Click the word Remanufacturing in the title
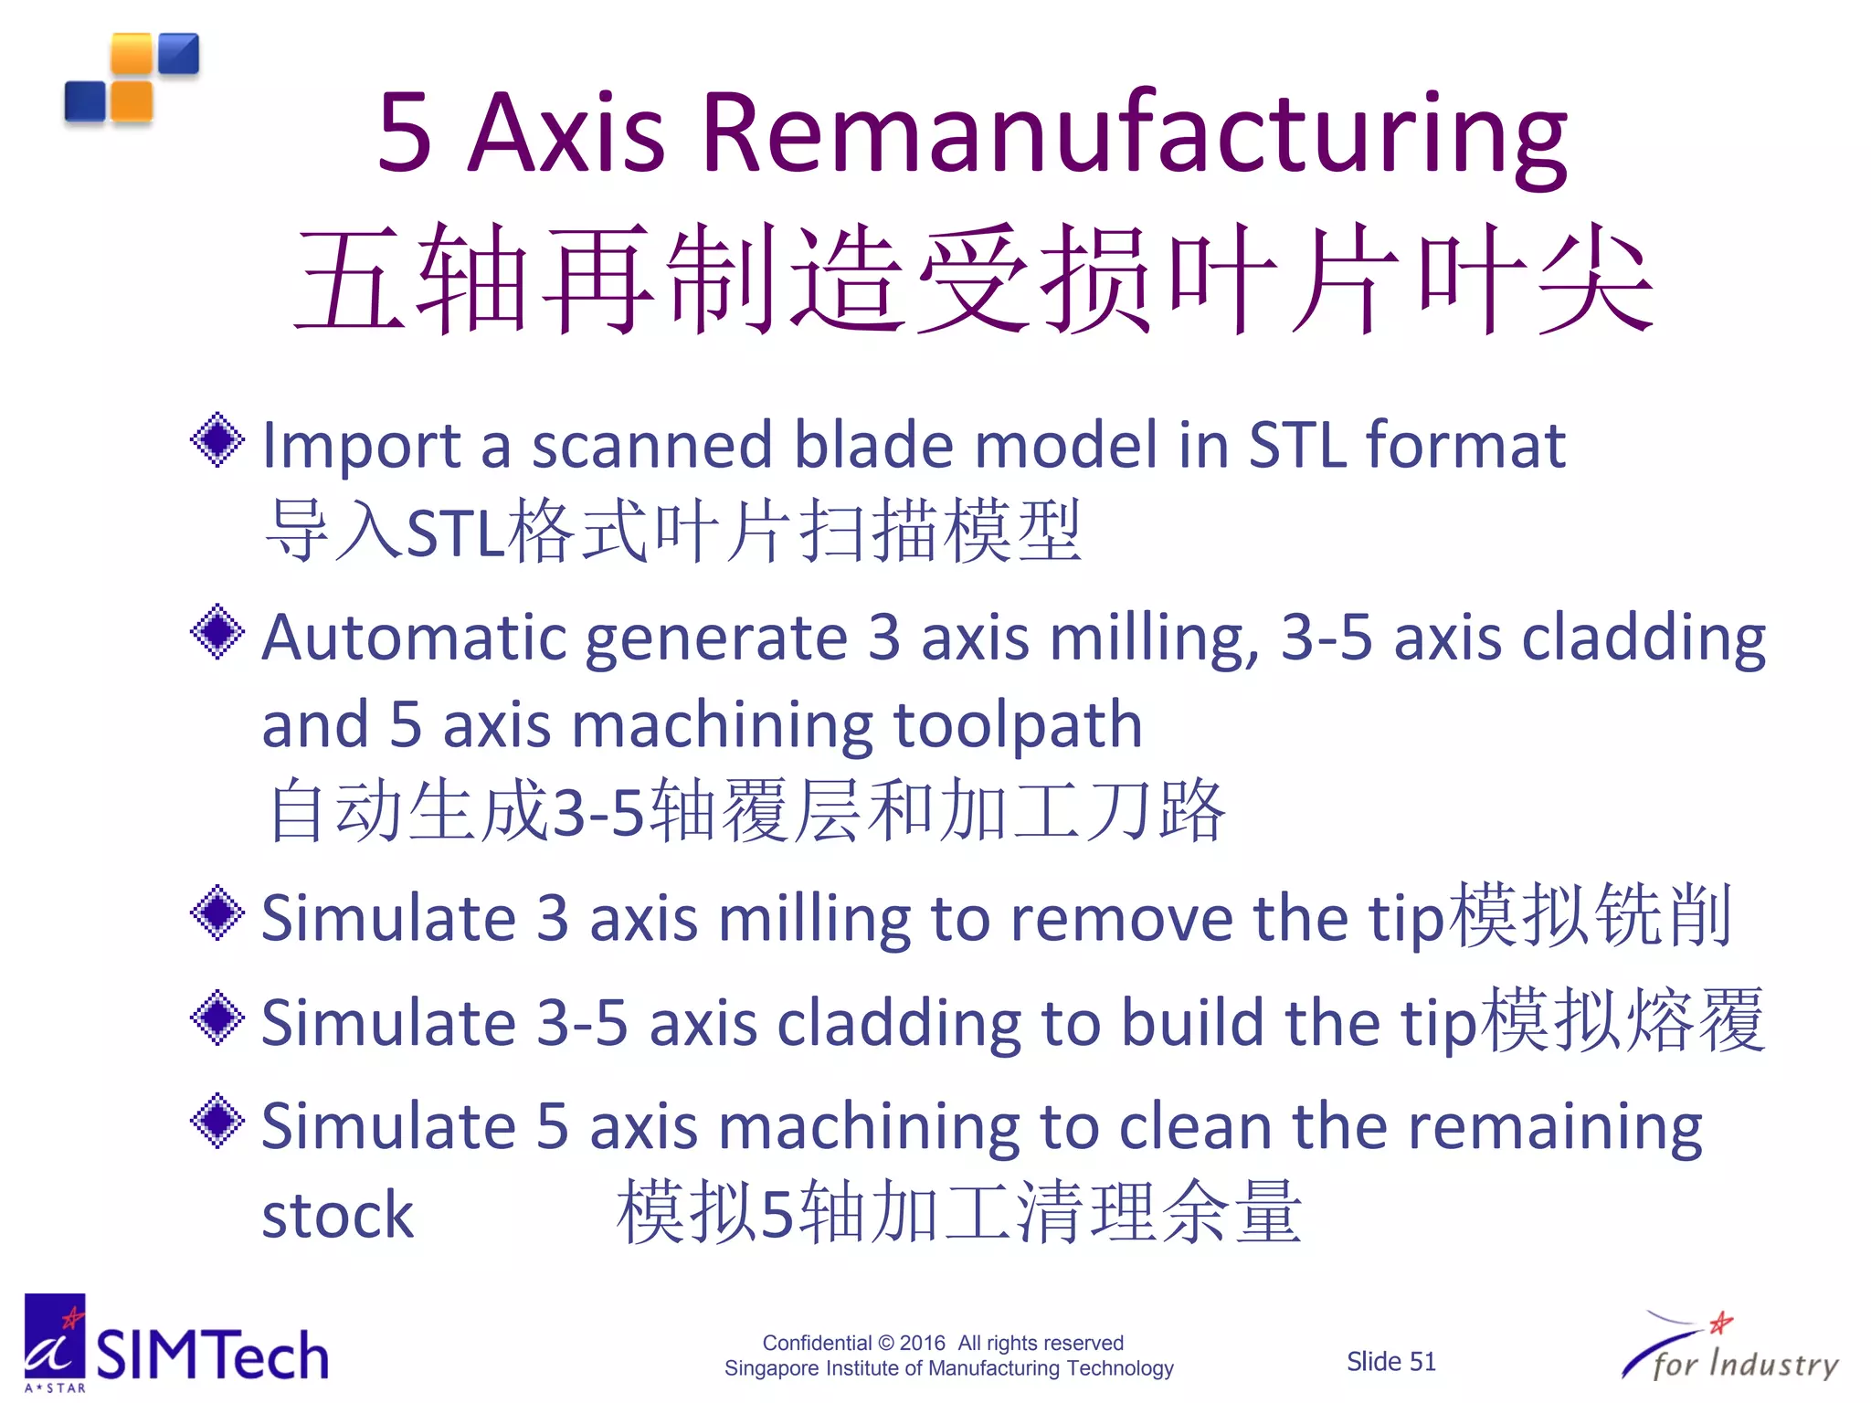(1135, 134)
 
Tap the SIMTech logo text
(212, 1355)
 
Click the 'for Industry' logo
(1730, 1352)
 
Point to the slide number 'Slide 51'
(1390, 1362)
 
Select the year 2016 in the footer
(922, 1343)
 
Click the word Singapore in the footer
(771, 1368)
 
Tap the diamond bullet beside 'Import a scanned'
(217, 440)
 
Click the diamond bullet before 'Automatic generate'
(217, 631)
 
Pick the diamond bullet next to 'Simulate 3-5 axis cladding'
(217, 1018)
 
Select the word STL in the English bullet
(1296, 446)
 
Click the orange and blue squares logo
(132, 79)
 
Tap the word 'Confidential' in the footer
(817, 1343)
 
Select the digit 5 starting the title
(404, 134)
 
